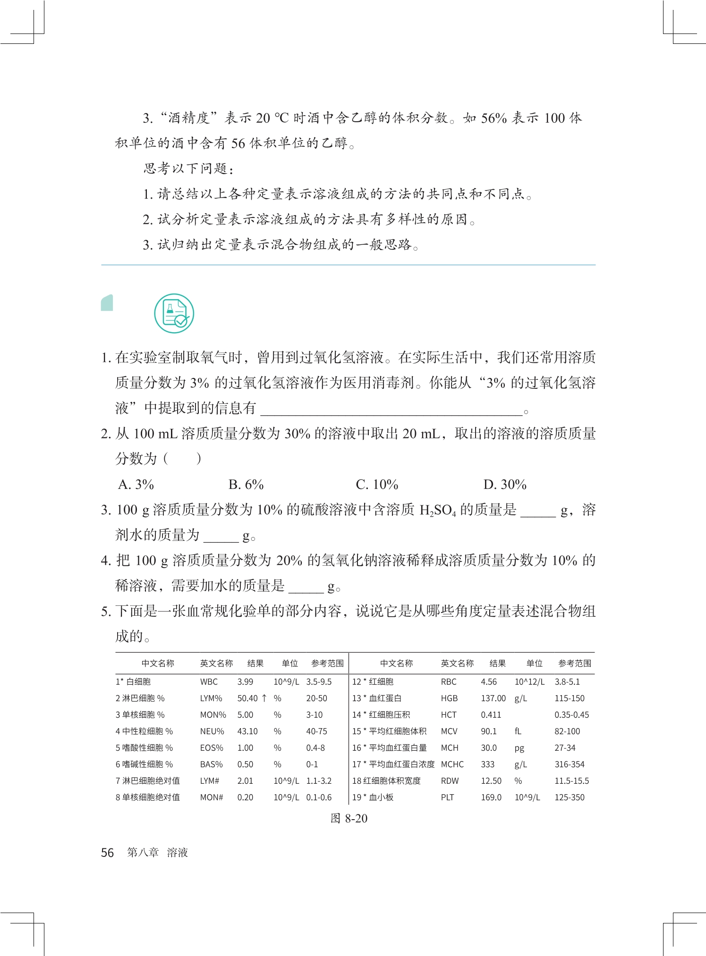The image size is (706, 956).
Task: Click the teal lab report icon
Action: pyautogui.click(x=174, y=313)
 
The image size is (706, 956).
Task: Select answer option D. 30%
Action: pyautogui.click(x=504, y=485)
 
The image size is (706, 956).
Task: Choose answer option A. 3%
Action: pyautogui.click(x=136, y=485)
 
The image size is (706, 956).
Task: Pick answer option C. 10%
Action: pyautogui.click(x=377, y=485)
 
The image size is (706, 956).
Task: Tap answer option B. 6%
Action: pyautogui.click(x=246, y=485)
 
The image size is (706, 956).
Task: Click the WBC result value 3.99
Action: pyautogui.click(x=245, y=682)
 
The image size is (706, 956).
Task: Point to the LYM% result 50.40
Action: pyautogui.click(x=247, y=698)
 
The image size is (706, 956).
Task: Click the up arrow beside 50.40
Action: pyautogui.click(x=264, y=698)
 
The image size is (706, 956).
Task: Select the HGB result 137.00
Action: pyautogui.click(x=493, y=698)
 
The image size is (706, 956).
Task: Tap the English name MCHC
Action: pyautogui.click(x=452, y=764)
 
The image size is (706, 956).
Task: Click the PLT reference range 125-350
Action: pyautogui.click(x=569, y=797)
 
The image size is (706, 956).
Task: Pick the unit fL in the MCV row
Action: pyautogui.click(x=518, y=731)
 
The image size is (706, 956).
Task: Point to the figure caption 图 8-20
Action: pyautogui.click(x=349, y=819)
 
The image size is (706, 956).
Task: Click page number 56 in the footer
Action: pyautogui.click(x=107, y=853)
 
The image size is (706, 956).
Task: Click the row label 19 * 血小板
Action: pyautogui.click(x=373, y=797)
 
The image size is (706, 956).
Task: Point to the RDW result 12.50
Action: pyautogui.click(x=491, y=781)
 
